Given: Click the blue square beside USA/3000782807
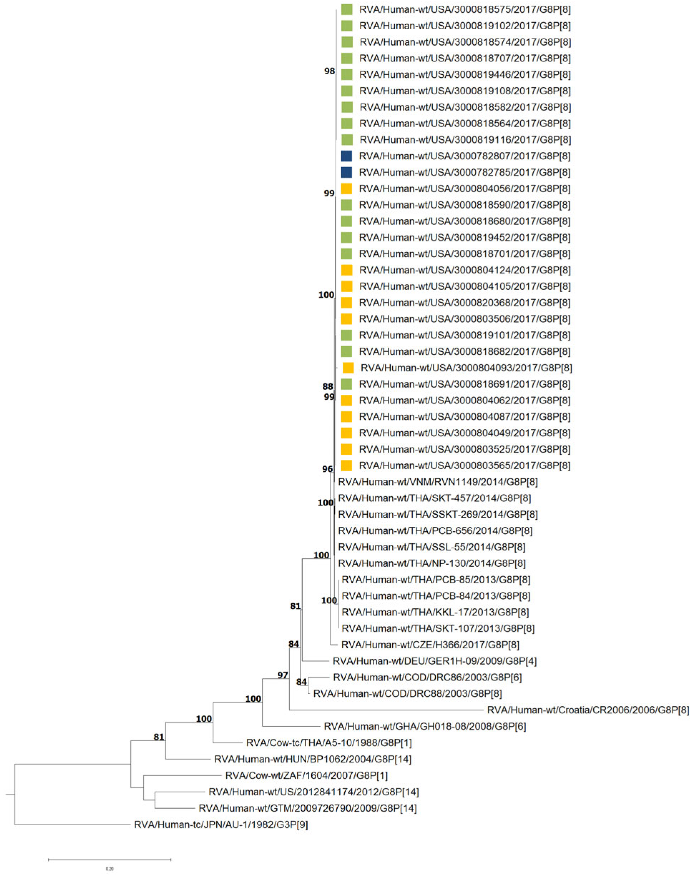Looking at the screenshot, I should coord(346,156).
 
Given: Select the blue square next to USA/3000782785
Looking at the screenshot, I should coord(346,172).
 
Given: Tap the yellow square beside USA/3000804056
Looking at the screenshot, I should coord(346,188).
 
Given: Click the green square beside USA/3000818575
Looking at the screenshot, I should coord(346,9).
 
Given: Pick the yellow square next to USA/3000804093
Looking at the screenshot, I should coord(348,368).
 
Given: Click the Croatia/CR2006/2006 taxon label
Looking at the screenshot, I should coord(588,710).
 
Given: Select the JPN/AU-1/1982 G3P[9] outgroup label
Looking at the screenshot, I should coord(221,824).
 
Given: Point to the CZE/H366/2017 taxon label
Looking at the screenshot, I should coord(430,644).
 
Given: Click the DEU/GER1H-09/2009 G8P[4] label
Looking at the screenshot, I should coord(434,661).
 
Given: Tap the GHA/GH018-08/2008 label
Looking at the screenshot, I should coord(425,726).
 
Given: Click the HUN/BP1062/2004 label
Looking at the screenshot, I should coord(313,759).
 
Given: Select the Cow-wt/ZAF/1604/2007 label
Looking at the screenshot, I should coord(306,775).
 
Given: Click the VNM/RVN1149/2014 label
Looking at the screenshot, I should coord(437,482).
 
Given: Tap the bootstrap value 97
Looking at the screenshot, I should coord(283,675).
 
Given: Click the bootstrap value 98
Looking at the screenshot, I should coord(329,71).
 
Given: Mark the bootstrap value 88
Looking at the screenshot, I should coord(328,387).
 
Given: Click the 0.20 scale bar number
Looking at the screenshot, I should coord(109,868).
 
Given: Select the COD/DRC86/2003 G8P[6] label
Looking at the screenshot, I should coord(427,677).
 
